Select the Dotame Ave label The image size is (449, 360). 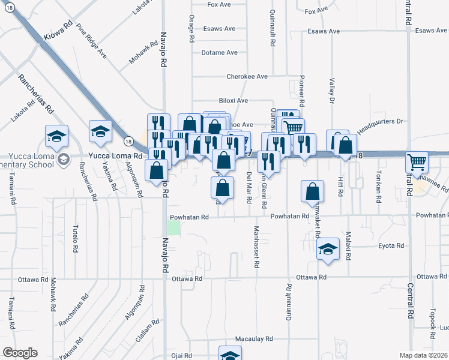coord(220,53)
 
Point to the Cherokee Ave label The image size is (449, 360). coord(247,77)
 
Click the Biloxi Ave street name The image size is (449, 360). coord(233,101)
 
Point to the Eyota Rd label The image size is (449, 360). coord(393,246)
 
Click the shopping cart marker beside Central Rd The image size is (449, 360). coord(417,162)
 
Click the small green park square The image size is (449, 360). coord(173,228)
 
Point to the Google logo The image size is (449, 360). coord(20,353)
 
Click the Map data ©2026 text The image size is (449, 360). coord(424,355)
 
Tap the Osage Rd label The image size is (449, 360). coord(191,28)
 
